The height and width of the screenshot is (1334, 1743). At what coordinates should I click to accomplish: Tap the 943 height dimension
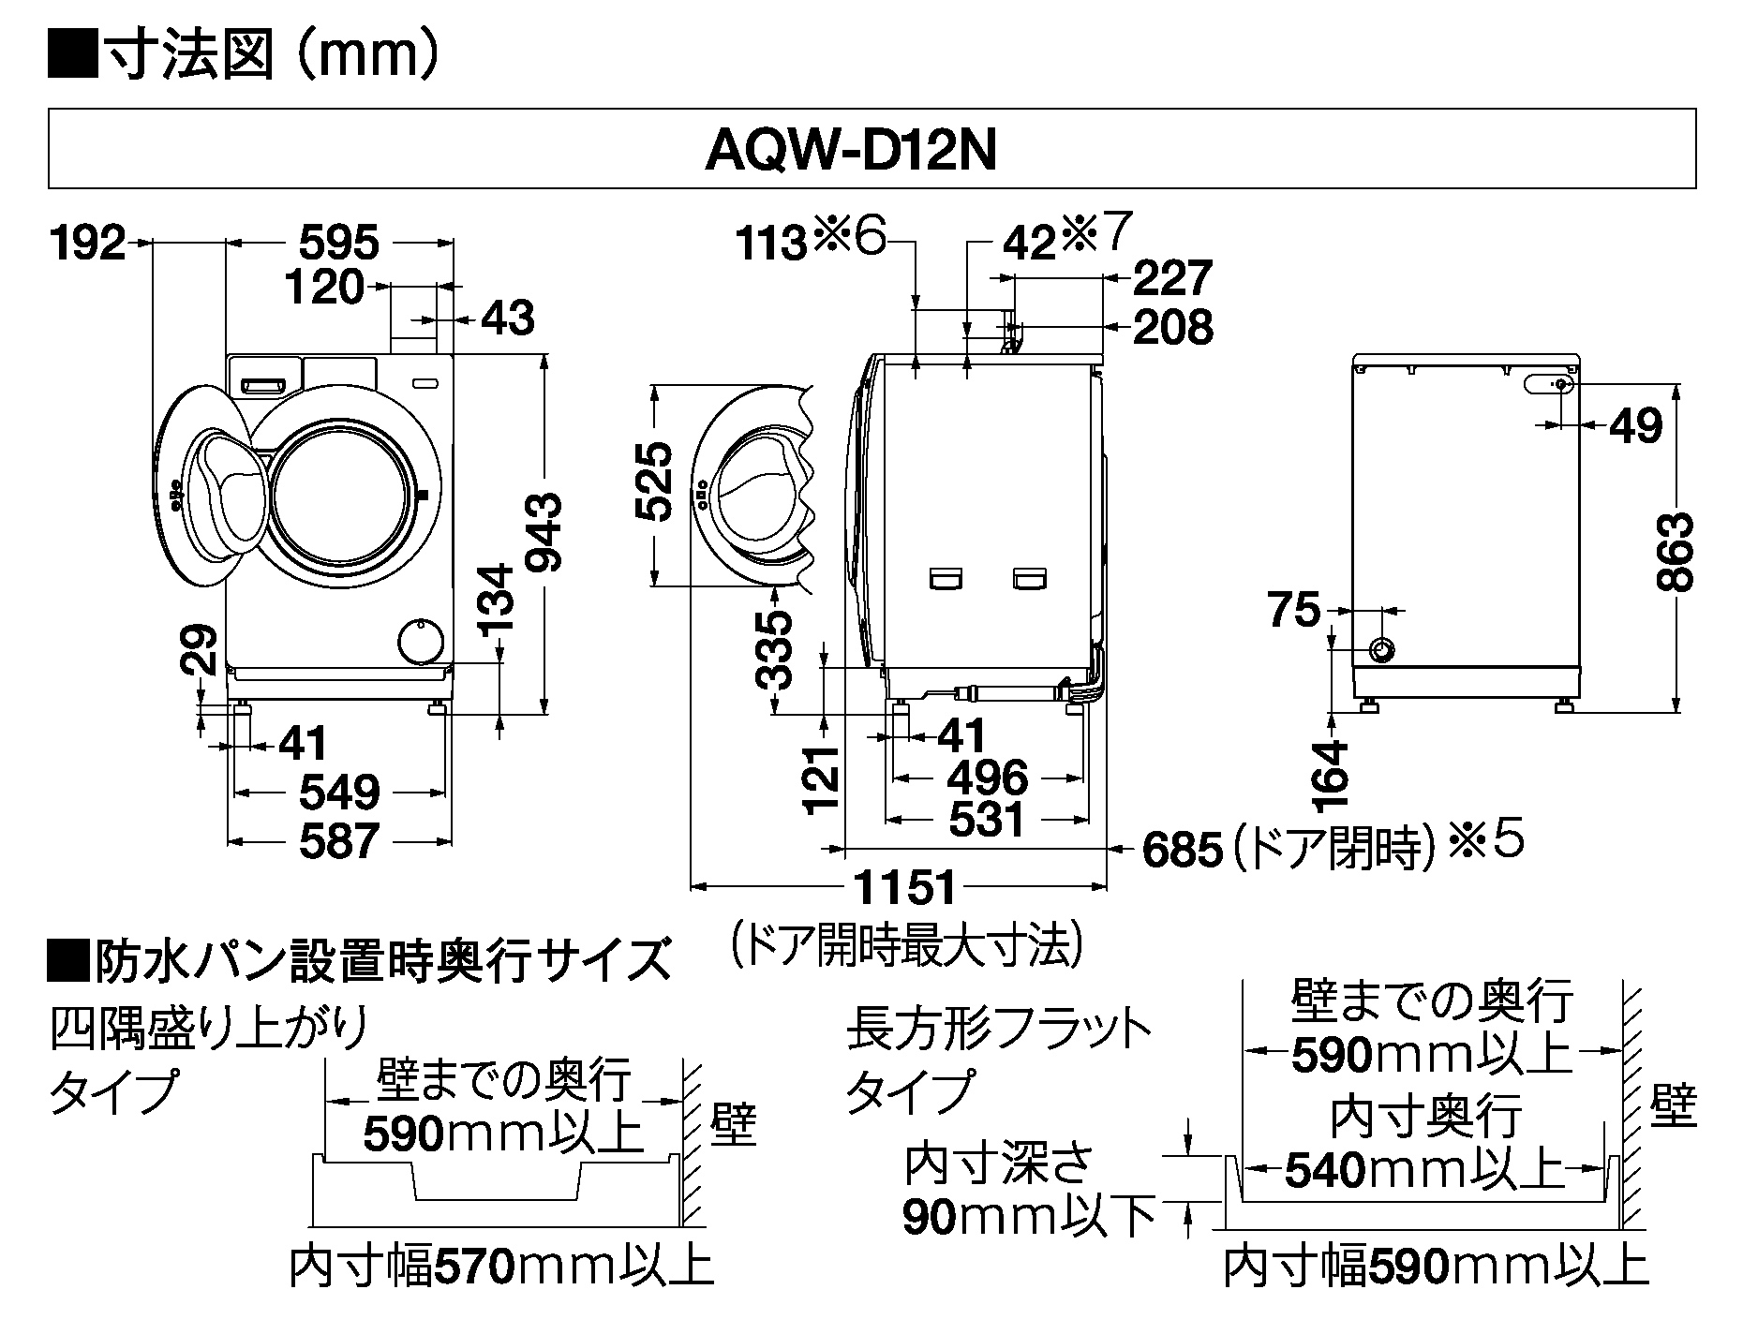pos(543,533)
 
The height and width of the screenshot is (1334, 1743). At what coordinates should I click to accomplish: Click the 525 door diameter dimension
pos(653,482)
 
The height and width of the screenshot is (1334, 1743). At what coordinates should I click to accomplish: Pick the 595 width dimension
pos(339,244)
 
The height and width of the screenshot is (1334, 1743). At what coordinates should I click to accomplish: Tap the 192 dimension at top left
pos(87,244)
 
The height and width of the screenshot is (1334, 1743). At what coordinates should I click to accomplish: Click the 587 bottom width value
pos(339,840)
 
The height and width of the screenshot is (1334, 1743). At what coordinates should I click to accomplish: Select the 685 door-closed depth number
pos(1183,851)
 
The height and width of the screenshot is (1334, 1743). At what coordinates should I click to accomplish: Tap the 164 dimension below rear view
pos(1331,775)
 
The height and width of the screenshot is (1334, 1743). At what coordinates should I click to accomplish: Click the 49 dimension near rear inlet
pos(1634,426)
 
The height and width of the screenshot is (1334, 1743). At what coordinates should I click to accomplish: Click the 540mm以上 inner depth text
pos(1425,1169)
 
